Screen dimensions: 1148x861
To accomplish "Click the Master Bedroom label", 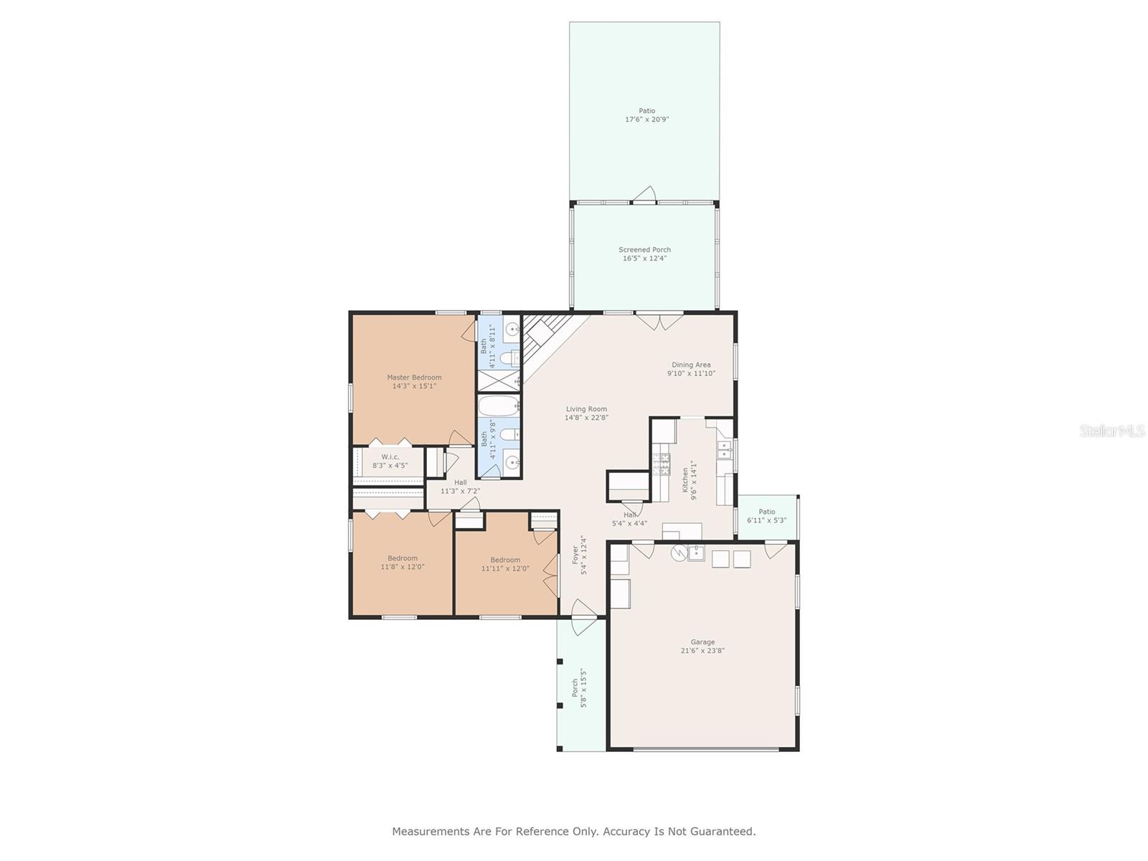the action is [x=414, y=377].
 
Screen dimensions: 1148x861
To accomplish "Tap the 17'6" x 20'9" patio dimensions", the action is [x=647, y=119].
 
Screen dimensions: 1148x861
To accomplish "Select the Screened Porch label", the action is [x=644, y=250].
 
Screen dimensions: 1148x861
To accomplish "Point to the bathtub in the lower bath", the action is [x=499, y=405].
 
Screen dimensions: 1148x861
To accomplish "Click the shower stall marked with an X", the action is [x=499, y=380].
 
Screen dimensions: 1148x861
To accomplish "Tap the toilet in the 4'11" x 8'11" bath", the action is [x=509, y=358].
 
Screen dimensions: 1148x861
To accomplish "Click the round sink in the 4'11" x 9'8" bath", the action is [x=512, y=463].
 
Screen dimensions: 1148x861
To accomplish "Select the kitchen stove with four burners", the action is [x=661, y=464].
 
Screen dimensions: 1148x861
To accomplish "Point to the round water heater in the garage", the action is [x=679, y=552].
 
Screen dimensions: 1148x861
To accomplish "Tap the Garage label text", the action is [x=702, y=642].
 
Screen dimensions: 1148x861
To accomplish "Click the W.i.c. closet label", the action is [x=390, y=457].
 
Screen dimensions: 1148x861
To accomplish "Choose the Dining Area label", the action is [x=691, y=365].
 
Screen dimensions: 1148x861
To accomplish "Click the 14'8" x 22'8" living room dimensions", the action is [x=586, y=418].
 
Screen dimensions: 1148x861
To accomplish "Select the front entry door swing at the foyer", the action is [x=583, y=617].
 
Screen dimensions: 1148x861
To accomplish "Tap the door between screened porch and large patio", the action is [x=644, y=194].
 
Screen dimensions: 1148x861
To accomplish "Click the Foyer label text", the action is [x=575, y=555].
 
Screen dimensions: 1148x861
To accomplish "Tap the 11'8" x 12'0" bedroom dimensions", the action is [x=403, y=567].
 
